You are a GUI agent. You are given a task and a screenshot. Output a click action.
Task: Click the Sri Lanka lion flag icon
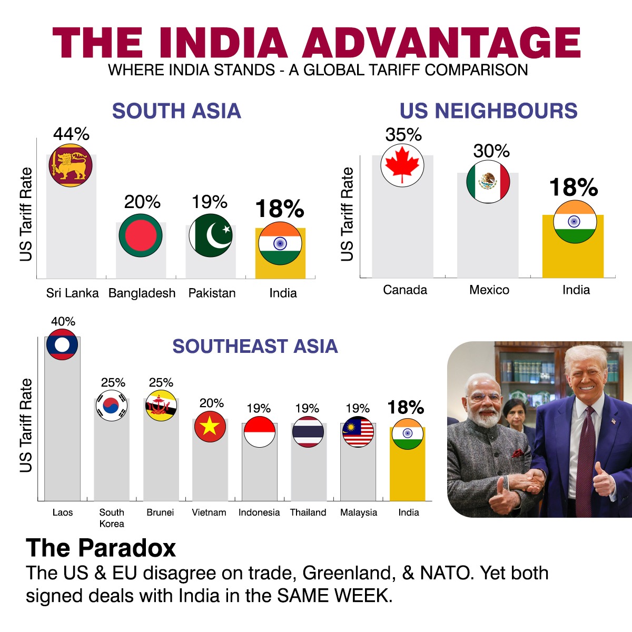[71, 165]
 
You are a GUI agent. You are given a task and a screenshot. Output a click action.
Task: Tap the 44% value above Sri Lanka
[71, 134]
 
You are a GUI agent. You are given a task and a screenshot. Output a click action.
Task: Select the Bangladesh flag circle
[141, 235]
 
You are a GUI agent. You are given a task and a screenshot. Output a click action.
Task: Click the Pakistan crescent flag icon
[211, 235]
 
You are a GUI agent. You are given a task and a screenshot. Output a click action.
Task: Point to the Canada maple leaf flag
[402, 165]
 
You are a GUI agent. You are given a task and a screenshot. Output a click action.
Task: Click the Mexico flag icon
[488, 182]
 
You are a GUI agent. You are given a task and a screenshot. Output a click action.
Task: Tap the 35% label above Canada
[403, 135]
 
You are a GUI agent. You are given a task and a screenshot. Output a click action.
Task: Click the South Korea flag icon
[112, 405]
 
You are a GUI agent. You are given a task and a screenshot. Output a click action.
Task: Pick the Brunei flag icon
[161, 405]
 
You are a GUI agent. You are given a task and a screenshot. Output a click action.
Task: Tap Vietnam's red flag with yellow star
[210, 426]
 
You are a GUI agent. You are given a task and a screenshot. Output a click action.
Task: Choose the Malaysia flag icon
[358, 431]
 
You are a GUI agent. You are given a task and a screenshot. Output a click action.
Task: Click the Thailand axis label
[308, 512]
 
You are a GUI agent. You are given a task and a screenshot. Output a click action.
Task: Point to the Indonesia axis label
[259, 512]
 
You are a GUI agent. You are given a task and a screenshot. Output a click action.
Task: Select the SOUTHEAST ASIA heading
[255, 347]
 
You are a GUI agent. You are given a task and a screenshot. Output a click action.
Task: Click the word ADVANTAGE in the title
[441, 43]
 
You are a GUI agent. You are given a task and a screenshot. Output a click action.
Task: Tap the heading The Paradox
[101, 548]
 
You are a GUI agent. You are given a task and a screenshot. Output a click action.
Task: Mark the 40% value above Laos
[63, 321]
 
